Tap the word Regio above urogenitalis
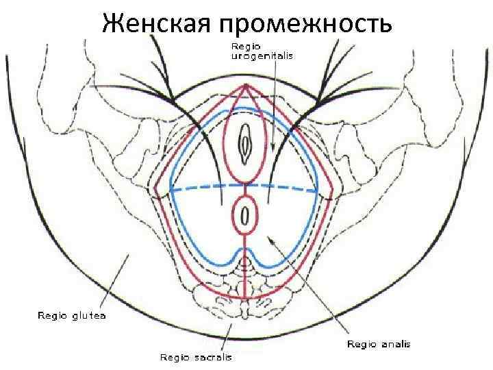(x=242, y=46)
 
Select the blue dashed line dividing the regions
(x=205, y=188)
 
